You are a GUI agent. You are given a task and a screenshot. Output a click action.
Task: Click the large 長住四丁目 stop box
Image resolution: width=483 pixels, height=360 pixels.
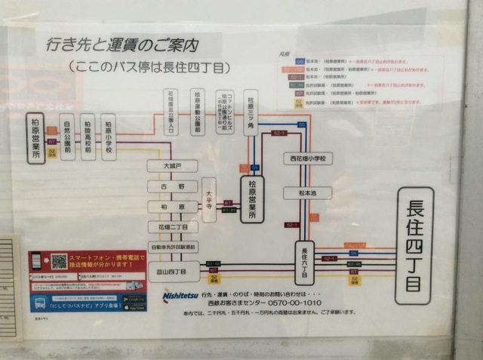click(414, 245)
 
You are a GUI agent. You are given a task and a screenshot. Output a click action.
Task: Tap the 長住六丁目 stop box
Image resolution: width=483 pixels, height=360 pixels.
click(304, 262)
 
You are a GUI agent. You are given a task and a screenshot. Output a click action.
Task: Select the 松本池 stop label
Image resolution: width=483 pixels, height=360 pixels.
click(306, 193)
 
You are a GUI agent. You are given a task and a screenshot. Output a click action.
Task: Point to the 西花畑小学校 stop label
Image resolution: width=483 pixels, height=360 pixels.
click(307, 158)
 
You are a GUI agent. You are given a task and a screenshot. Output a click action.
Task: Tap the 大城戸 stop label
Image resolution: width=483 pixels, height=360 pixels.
click(173, 165)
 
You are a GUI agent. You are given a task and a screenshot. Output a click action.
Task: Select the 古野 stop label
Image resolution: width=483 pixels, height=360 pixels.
click(173, 186)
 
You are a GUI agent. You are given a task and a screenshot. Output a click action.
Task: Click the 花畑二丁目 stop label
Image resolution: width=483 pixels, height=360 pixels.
click(173, 226)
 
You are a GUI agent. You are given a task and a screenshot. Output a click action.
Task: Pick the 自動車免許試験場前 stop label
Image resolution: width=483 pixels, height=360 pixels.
click(173, 247)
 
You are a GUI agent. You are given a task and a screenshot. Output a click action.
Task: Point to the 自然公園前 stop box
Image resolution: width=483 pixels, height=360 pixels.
click(68, 137)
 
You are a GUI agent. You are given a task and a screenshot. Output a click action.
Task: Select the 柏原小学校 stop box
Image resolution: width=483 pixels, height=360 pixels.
click(108, 137)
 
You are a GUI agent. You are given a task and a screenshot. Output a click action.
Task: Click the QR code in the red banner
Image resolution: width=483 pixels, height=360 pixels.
click(59, 262)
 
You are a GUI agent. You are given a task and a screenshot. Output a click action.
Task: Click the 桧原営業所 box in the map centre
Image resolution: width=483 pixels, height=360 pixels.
click(252, 199)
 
